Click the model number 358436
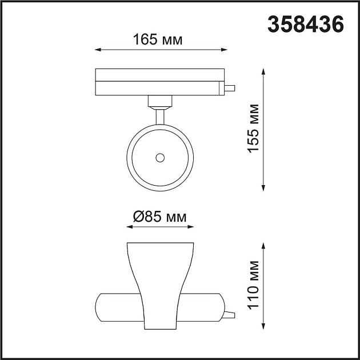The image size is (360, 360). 306,25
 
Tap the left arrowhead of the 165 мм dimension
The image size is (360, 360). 98,51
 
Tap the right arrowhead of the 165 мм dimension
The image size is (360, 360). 222,51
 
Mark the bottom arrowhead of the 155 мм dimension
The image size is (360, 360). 263,187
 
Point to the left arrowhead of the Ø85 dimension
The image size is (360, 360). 129,227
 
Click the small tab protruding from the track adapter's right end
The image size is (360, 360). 230,89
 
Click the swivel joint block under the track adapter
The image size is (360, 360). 160,101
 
